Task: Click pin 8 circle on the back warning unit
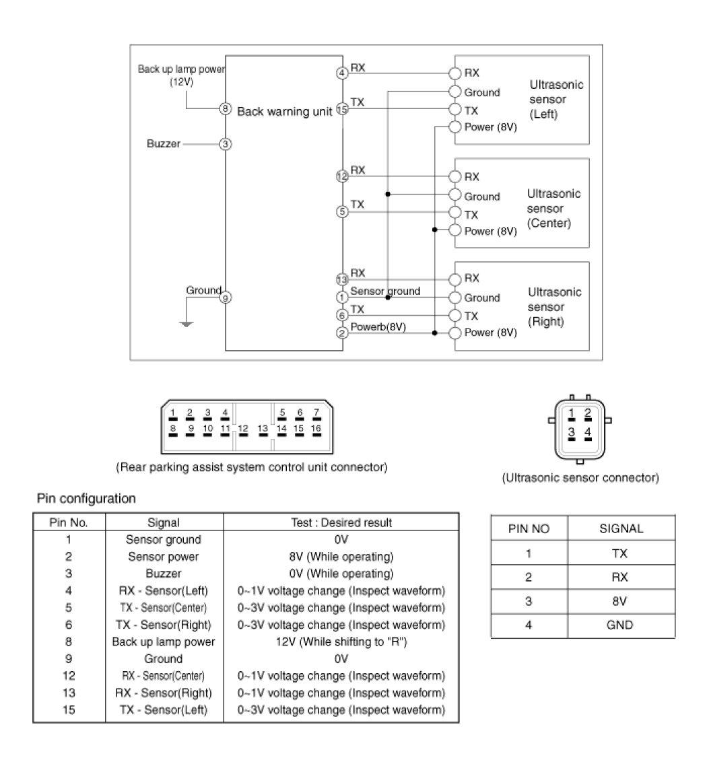pos(226,109)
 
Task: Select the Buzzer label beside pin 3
pos(164,143)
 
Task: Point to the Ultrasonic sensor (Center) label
pos(553,208)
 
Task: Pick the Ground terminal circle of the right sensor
pos(454,298)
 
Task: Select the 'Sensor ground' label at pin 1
pos(385,291)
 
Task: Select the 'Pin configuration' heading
pos(86,499)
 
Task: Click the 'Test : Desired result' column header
pos(341,522)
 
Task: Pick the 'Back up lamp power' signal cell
pos(164,642)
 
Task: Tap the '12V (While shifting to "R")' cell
pos(341,642)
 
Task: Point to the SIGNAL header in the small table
pos(621,528)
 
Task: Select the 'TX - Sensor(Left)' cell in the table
pos(164,710)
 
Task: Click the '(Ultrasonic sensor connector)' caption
pos(580,478)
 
